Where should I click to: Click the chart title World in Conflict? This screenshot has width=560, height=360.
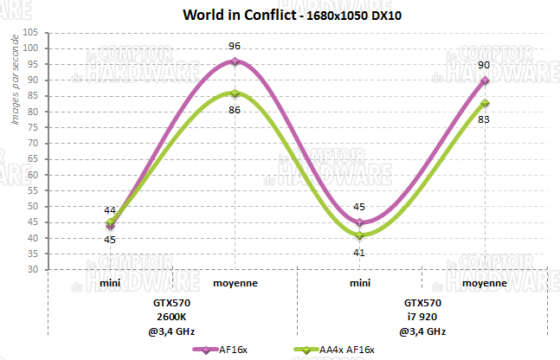(233, 16)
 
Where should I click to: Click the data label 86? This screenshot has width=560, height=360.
(235, 110)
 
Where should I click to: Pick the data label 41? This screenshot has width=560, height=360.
(360, 252)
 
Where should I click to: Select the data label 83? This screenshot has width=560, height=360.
(485, 119)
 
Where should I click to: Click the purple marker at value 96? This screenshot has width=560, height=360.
(235, 61)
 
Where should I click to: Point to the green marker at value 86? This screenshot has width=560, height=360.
(235, 93)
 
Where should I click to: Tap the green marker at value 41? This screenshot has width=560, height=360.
(360, 235)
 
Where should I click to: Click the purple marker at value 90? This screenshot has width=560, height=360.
(485, 80)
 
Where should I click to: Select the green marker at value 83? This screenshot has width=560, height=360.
(485, 103)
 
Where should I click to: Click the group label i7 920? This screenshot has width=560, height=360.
(422, 317)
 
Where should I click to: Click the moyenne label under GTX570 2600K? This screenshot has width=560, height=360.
(235, 283)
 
